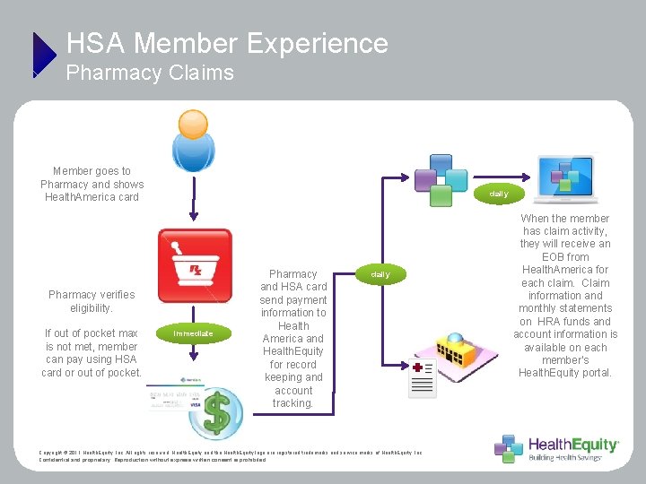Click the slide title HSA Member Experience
click(x=227, y=43)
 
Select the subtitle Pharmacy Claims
click(x=150, y=73)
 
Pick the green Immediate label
click(x=194, y=333)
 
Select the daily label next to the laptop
click(x=498, y=194)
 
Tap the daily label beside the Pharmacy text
click(x=380, y=274)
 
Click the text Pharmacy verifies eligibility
click(x=92, y=301)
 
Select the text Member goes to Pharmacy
click(x=92, y=184)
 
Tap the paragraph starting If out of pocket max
click(x=92, y=352)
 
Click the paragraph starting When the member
click(x=565, y=295)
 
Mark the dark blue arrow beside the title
click(x=43, y=54)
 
